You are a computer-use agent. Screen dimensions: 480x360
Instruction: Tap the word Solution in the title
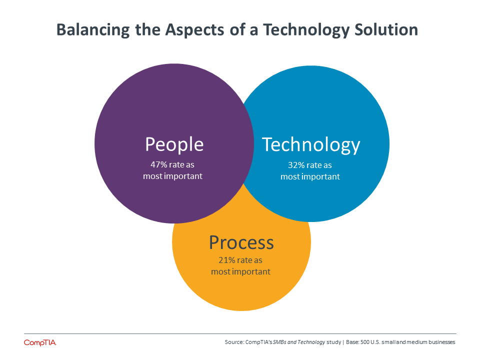386,29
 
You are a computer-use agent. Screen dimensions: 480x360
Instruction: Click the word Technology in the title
306,30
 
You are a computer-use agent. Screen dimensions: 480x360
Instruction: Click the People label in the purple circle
174,144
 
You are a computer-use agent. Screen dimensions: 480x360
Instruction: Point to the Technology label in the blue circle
311,145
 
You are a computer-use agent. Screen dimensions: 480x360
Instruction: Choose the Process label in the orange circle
241,243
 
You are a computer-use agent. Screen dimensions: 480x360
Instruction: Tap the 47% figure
158,164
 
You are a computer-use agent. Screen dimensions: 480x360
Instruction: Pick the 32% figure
296,165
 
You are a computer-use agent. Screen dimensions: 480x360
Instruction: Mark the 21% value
226,260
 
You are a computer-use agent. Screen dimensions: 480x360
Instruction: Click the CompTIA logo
40,342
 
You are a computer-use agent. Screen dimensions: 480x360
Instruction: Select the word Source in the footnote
234,342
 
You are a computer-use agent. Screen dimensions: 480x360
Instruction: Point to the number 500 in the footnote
365,342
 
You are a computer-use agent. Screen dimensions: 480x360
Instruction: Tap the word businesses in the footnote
441,342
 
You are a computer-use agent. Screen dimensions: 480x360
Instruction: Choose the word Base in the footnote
352,342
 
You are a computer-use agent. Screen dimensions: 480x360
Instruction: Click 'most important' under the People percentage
172,176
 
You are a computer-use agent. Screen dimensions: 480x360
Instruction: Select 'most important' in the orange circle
240,272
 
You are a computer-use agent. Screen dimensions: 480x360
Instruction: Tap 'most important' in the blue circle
310,177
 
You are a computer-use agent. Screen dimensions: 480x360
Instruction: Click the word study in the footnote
333,342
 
